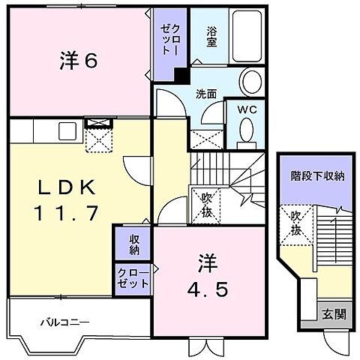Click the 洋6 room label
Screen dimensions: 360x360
(x=78, y=61)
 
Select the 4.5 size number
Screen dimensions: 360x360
(x=208, y=288)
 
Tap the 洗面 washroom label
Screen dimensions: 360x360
(x=207, y=94)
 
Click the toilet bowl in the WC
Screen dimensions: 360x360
(x=245, y=131)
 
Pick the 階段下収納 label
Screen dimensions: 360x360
(x=318, y=177)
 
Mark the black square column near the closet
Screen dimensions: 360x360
(x=180, y=75)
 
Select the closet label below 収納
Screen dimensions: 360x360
(x=133, y=280)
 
